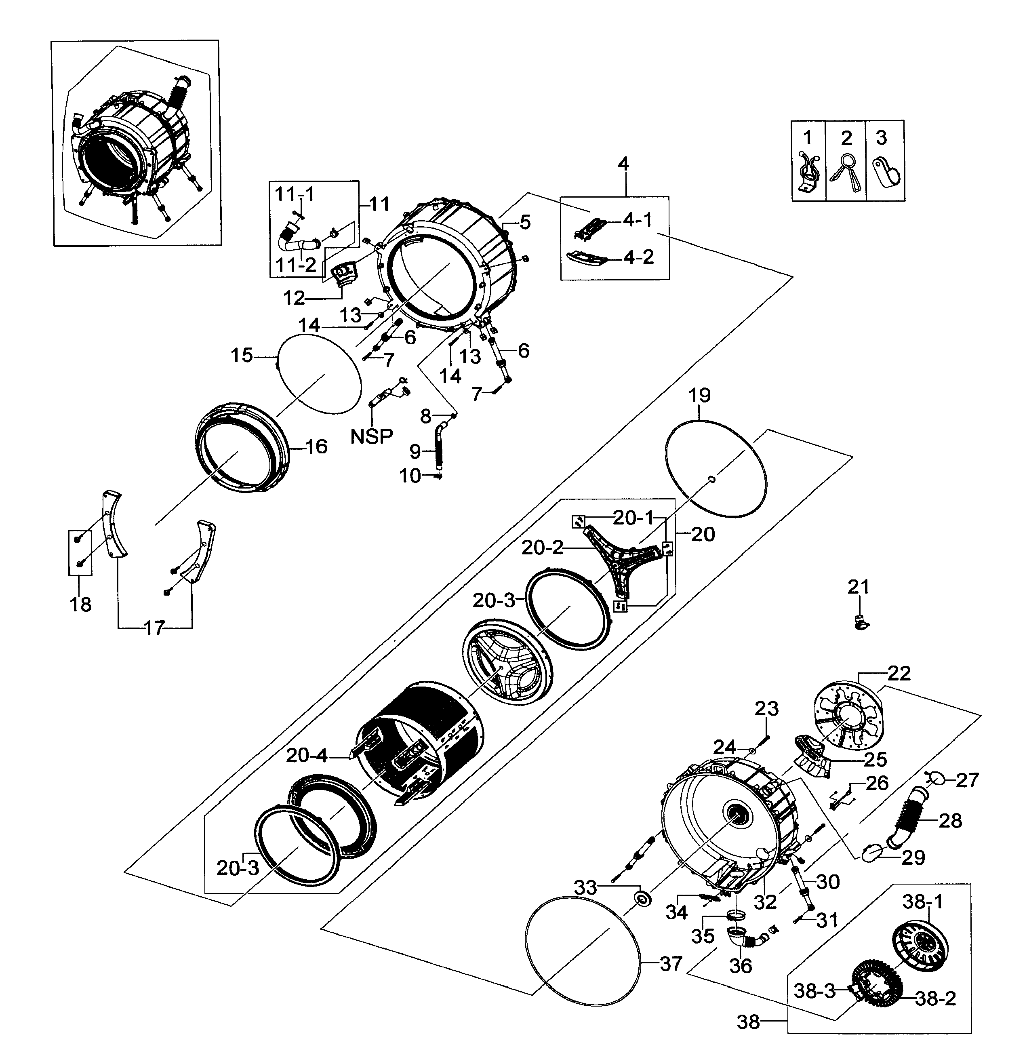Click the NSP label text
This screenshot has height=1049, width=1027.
[372, 436]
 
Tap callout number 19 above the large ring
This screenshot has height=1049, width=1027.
[700, 396]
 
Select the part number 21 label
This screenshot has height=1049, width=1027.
[858, 587]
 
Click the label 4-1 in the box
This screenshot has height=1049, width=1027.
[638, 220]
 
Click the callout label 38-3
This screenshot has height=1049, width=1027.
[814, 991]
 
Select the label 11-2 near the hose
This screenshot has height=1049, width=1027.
[296, 265]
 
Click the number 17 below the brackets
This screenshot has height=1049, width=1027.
[154, 628]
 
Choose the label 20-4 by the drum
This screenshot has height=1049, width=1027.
[306, 756]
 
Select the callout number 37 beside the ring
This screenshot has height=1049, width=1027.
[671, 963]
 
